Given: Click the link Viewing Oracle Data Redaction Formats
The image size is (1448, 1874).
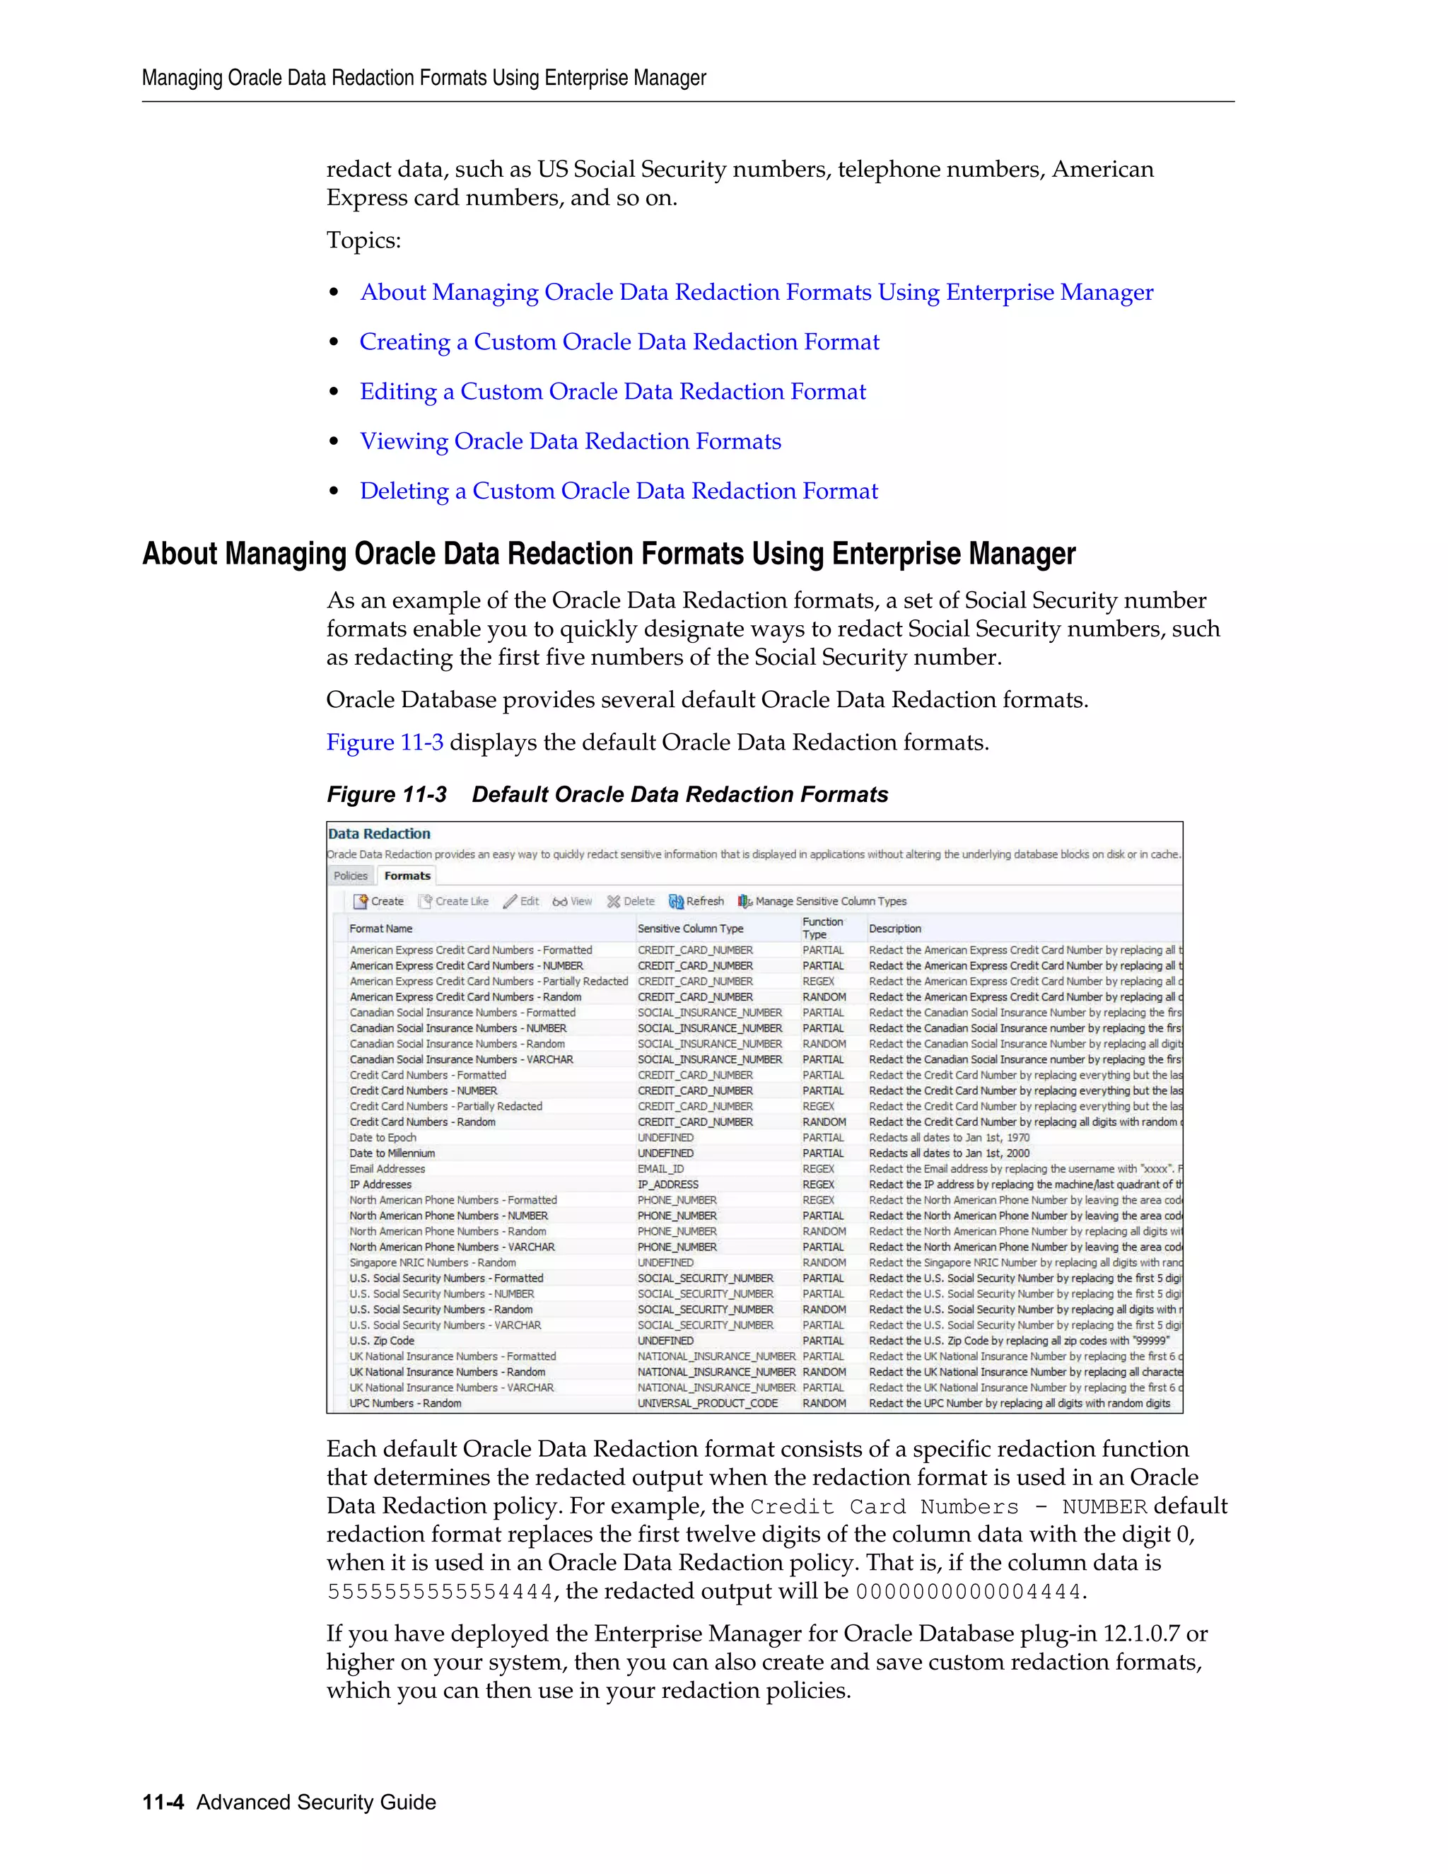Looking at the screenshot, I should [x=571, y=441].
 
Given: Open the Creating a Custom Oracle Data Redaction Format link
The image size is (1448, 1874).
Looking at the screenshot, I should [x=619, y=342].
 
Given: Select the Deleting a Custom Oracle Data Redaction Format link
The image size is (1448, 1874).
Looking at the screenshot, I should [x=619, y=491].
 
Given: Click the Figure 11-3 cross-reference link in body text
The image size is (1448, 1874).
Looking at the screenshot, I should [x=385, y=743].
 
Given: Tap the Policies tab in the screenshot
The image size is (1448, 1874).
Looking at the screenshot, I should [x=350, y=876].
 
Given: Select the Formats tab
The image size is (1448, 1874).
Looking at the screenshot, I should [x=407, y=876].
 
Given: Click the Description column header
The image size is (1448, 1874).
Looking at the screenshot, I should [x=894, y=929].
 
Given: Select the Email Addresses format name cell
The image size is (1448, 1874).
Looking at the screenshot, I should [x=387, y=1169].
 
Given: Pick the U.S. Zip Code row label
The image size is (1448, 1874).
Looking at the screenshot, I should [x=382, y=1340].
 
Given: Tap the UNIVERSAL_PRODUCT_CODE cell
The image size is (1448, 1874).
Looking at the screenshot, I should [x=708, y=1403].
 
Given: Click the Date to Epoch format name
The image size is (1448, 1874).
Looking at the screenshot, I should [x=383, y=1138].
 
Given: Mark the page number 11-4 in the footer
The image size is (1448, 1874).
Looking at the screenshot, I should [x=163, y=1802].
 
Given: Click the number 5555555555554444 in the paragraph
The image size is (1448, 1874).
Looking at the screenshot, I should [x=440, y=1593].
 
